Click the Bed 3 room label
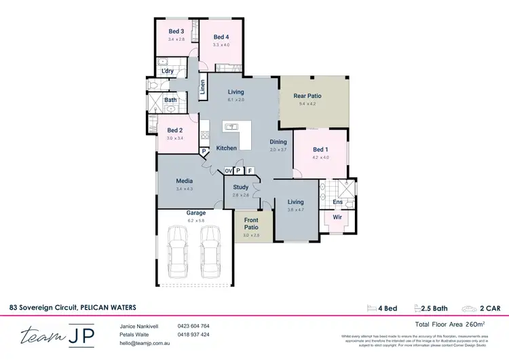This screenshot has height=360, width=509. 176,31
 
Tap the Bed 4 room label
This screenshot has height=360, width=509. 221,37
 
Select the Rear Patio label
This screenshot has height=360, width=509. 307,96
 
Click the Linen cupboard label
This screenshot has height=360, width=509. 202,87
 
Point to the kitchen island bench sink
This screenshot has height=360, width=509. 231,126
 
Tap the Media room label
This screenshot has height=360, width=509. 184,181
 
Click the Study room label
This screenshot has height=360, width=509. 240,187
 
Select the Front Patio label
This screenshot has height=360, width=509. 251,223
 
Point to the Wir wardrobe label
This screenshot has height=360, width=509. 336,217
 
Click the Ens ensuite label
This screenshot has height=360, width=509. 337,202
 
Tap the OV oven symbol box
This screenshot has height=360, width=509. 229,170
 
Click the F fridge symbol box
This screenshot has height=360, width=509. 250,170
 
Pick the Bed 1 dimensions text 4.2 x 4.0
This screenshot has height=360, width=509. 321,158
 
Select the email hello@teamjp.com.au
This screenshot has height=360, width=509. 145,344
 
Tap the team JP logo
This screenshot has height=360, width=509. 58,336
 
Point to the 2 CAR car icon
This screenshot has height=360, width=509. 470,308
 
